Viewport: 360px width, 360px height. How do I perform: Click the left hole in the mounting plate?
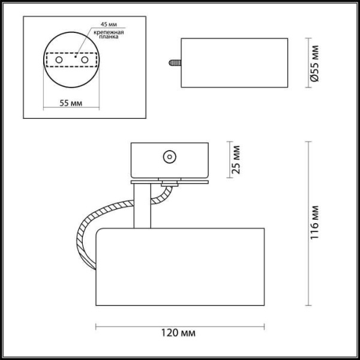click(59, 61)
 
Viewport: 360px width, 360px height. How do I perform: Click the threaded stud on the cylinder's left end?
click(175, 61)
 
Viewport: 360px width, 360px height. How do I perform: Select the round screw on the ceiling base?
click(169, 158)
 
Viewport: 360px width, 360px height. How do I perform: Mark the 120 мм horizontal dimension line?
click(180, 326)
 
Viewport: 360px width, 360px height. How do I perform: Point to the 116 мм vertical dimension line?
click(308, 223)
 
